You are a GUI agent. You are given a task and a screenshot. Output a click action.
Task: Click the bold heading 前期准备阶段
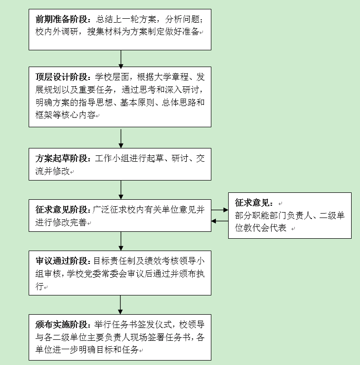click(62, 19)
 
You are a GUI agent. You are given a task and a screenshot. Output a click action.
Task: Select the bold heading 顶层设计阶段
click(62, 77)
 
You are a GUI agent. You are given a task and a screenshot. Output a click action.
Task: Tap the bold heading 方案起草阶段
click(62, 158)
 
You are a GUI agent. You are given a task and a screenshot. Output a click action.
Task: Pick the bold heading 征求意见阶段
click(62, 210)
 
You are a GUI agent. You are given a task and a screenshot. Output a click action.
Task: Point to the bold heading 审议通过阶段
click(62, 261)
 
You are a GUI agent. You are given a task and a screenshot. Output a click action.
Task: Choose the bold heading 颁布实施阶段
click(62, 324)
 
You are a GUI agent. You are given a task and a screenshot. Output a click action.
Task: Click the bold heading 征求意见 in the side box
click(252, 203)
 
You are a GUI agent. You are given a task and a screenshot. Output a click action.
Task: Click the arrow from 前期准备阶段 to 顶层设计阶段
click(120, 59)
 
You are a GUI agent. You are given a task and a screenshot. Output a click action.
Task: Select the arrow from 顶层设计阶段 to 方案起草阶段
click(120, 139)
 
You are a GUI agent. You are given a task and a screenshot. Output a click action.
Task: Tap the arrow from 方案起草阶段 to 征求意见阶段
click(120, 190)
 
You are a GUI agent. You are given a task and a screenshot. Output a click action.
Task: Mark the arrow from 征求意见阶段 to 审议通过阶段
click(120, 241)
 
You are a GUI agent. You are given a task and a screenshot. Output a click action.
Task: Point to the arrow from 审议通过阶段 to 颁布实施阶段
click(120, 305)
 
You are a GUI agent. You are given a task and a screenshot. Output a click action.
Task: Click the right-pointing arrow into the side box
click(220, 210)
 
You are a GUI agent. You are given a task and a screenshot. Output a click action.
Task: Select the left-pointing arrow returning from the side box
click(220, 221)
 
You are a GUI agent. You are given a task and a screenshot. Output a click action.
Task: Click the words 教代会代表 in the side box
click(265, 228)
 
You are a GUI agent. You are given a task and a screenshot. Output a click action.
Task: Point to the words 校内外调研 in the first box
click(57, 32)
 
